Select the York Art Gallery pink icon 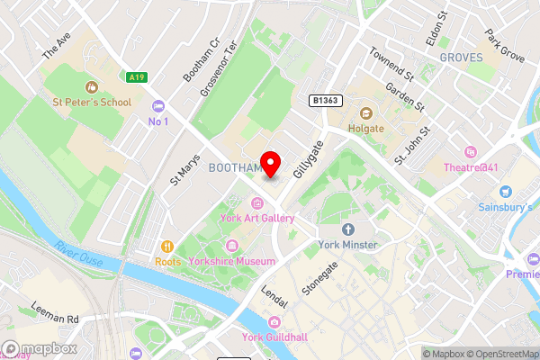point(258,202)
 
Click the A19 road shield point(136,78)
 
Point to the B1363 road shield point(325,100)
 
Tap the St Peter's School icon point(90,87)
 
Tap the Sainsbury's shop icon point(504,192)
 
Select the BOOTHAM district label point(233,168)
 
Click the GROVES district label point(461,58)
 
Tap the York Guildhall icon point(273,322)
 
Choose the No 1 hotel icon point(158,105)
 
